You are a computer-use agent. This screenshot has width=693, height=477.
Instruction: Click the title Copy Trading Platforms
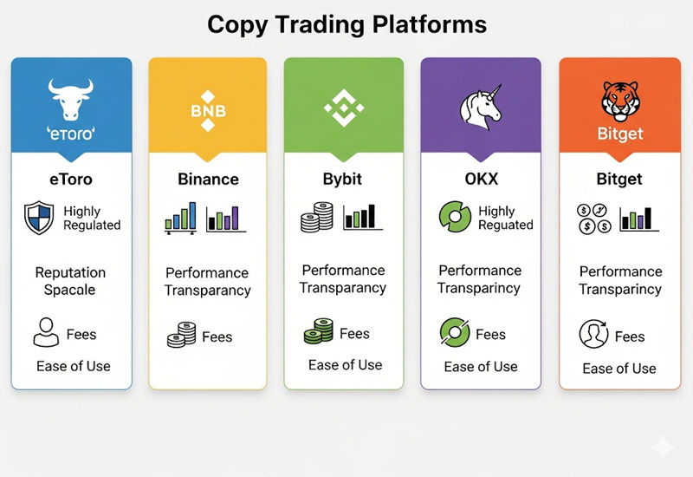pos(346,23)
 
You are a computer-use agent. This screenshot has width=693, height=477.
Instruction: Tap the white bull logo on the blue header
pos(71,98)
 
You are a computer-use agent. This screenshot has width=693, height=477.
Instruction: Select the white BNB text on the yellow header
pos(207,112)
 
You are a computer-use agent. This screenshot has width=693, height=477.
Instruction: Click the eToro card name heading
pos(72,180)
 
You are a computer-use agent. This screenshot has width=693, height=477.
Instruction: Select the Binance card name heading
pos(208,180)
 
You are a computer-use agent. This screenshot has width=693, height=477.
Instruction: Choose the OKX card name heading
pos(481,180)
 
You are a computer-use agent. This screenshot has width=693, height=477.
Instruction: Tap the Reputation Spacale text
pos(71,281)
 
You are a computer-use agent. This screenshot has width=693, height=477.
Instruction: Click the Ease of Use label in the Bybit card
pos(345,364)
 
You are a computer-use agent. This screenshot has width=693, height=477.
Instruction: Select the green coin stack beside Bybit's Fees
pos(318,332)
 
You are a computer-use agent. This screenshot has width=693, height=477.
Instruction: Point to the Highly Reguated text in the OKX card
pos(506,218)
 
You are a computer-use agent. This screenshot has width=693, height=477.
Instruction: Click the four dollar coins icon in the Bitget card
pos(592,218)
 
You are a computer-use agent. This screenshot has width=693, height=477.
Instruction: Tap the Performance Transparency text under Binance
pos(207,281)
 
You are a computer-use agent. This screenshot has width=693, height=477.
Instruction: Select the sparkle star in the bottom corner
pos(663,447)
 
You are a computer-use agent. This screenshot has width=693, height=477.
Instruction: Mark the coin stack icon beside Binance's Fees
pos(181,336)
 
